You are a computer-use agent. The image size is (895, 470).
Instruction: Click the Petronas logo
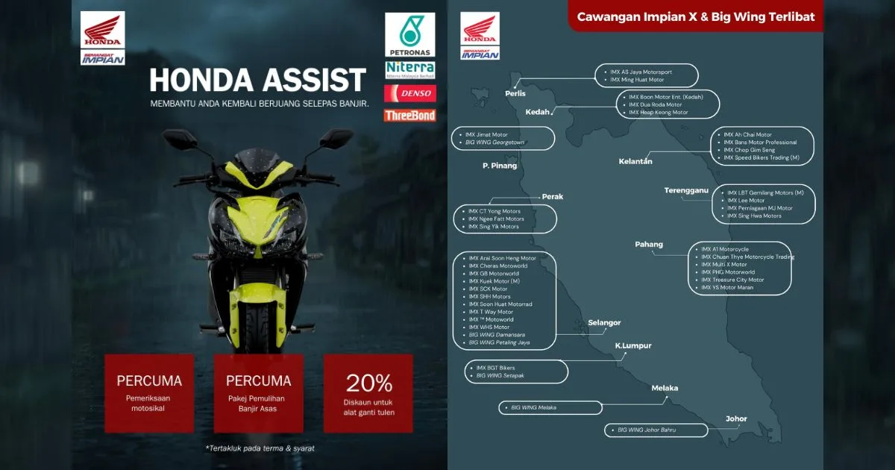point(409,35)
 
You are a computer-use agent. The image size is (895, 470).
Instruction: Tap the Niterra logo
point(409,70)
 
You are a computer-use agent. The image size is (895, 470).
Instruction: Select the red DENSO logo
point(409,93)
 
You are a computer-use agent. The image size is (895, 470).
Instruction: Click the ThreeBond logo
point(409,116)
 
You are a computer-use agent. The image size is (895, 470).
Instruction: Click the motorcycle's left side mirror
point(177,140)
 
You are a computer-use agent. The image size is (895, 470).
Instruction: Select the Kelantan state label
point(635,161)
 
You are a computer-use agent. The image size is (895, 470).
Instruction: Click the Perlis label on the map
point(515,93)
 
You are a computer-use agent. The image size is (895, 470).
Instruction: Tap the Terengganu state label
point(686,191)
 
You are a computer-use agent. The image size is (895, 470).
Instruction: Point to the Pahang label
point(649,244)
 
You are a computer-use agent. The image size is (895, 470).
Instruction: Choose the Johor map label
point(736,419)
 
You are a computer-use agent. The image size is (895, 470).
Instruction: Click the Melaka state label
point(665,388)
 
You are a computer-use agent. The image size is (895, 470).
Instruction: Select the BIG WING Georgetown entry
point(495,142)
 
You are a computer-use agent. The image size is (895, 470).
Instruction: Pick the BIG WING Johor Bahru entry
point(647,430)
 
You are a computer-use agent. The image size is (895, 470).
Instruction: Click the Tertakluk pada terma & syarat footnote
point(260,448)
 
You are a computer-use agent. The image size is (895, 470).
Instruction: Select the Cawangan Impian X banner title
point(696,16)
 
